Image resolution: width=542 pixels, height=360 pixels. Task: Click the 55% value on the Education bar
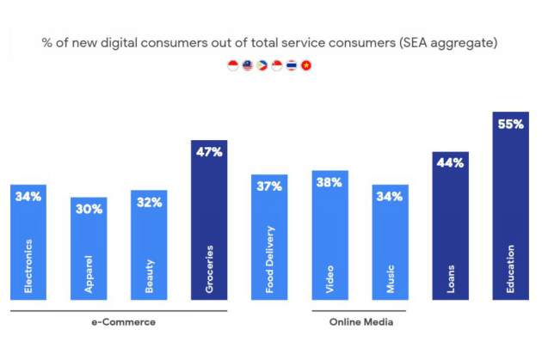tap(510, 124)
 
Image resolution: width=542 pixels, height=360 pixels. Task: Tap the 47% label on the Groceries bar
tap(209, 152)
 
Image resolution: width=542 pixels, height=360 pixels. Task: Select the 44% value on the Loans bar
tap(450, 163)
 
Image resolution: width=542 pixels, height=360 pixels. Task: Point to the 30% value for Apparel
tap(89, 209)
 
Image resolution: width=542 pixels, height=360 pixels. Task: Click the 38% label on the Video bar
tap(330, 182)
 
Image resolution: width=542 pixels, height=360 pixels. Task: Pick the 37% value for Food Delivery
tap(269, 186)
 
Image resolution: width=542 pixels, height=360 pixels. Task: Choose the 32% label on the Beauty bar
tap(149, 202)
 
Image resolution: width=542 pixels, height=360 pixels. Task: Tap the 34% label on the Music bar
tap(390, 196)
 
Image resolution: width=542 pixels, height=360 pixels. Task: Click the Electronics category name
tap(28, 266)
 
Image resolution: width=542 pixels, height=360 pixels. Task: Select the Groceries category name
tap(209, 271)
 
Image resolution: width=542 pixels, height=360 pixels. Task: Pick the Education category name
tap(510, 269)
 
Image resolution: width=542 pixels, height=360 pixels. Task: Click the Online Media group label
tap(360, 322)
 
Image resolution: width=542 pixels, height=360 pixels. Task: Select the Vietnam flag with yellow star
tap(306, 65)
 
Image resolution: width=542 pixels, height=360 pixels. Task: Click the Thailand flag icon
tap(292, 65)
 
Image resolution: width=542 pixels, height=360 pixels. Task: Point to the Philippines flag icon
tap(262, 65)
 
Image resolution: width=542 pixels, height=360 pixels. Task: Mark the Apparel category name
tap(89, 275)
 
